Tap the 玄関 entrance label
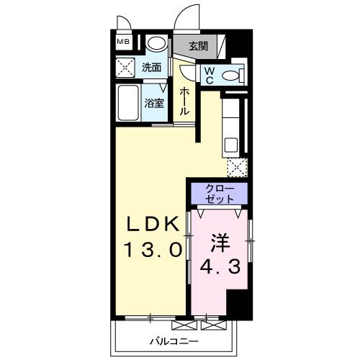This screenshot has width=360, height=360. [198, 46]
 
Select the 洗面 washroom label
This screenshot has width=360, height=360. [151, 69]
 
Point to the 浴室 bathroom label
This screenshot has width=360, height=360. [154, 103]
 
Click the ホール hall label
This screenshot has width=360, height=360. [185, 102]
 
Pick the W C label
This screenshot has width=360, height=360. [208, 75]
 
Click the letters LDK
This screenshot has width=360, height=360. [152, 225]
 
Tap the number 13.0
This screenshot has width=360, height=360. [152, 251]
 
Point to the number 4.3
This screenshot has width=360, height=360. [219, 268]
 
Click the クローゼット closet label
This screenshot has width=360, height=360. [219, 192]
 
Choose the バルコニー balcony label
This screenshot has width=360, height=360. [175, 340]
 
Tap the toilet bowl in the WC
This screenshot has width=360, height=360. [230, 75]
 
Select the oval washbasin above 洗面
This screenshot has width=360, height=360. [154, 44]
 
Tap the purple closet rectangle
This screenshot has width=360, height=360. [219, 192]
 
